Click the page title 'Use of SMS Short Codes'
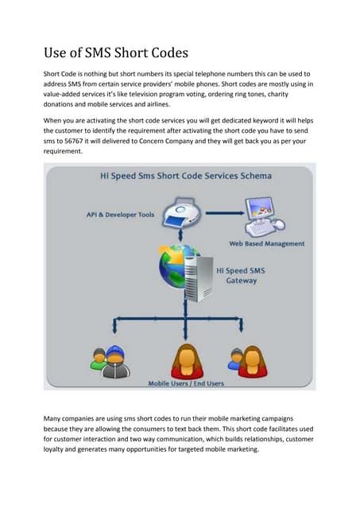[116, 54]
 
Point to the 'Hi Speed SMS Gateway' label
[246, 275]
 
